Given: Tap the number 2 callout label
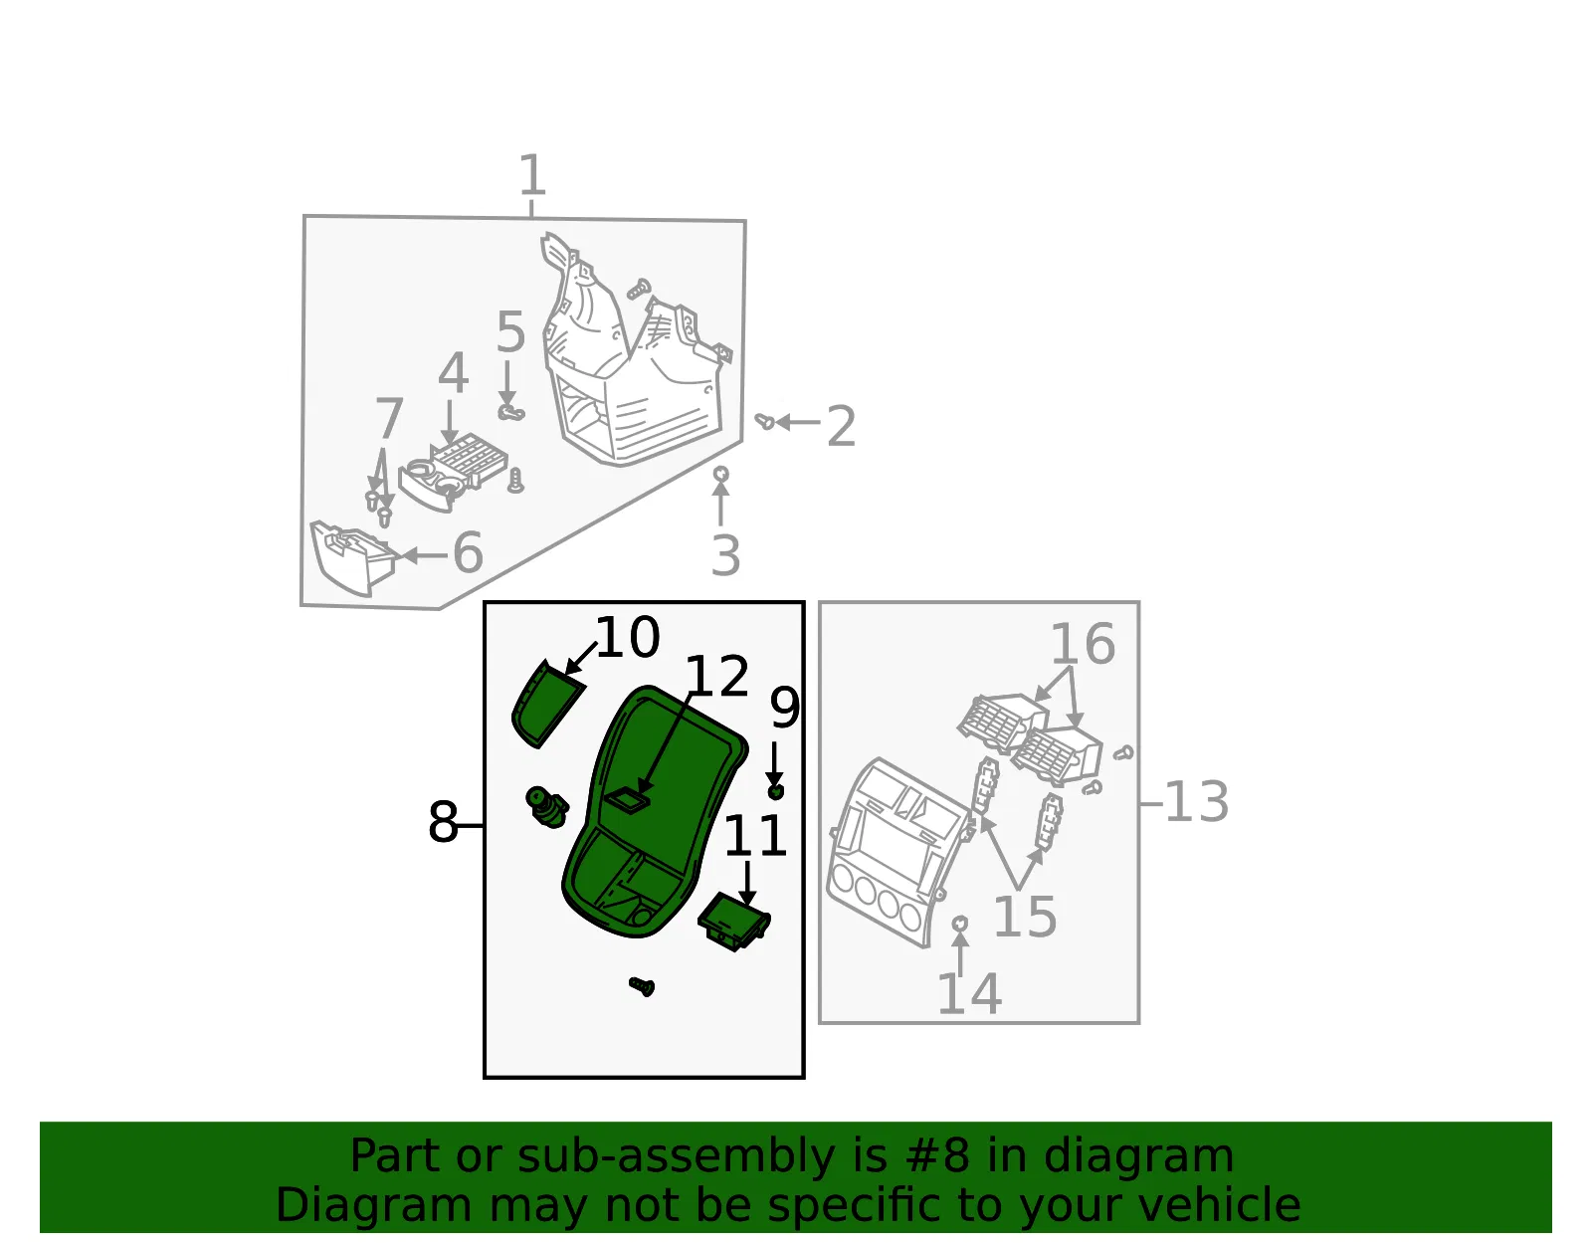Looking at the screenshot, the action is coord(841,426).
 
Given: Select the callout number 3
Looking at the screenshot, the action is coord(725,556).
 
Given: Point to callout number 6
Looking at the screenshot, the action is coord(468,552).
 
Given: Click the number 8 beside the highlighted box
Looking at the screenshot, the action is coord(443,822).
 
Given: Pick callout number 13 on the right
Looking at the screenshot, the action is coord(1196,801).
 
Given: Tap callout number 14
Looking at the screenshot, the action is coord(969,994).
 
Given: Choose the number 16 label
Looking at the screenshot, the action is coord(1083,644).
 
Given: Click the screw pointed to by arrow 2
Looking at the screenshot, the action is coord(764,421).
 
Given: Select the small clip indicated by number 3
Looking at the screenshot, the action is coord(721,473).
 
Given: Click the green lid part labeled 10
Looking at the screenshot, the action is coord(545,704).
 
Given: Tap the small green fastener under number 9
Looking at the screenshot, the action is coord(776,792).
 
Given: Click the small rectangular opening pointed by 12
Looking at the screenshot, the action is coord(627,800).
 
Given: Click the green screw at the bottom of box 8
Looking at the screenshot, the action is coord(642,986).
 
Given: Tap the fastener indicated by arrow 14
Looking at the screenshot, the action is coord(960,924).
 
